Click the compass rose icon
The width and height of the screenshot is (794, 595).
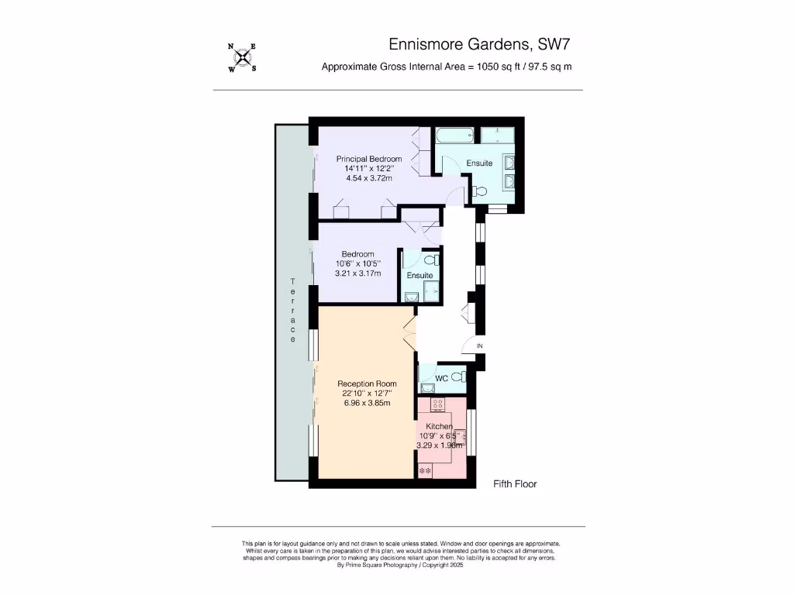243,57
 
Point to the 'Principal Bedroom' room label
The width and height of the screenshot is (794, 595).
369,159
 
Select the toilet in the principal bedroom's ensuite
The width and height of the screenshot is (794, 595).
480,192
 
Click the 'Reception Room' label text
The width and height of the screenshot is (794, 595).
367,383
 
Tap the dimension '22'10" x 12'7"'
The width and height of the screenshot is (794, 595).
367,394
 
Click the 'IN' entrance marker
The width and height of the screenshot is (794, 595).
479,346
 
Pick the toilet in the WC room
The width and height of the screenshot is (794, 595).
458,378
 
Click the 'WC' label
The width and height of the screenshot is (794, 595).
441,378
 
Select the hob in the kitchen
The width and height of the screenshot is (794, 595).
438,404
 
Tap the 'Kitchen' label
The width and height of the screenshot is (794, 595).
439,426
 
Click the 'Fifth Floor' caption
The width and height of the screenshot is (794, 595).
515,484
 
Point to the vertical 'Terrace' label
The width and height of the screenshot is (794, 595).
293,310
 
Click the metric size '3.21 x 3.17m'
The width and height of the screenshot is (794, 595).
357,273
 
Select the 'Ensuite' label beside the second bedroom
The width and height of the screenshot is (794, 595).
419,275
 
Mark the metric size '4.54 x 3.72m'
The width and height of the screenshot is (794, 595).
368,178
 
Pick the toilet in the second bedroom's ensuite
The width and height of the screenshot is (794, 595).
432,260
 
